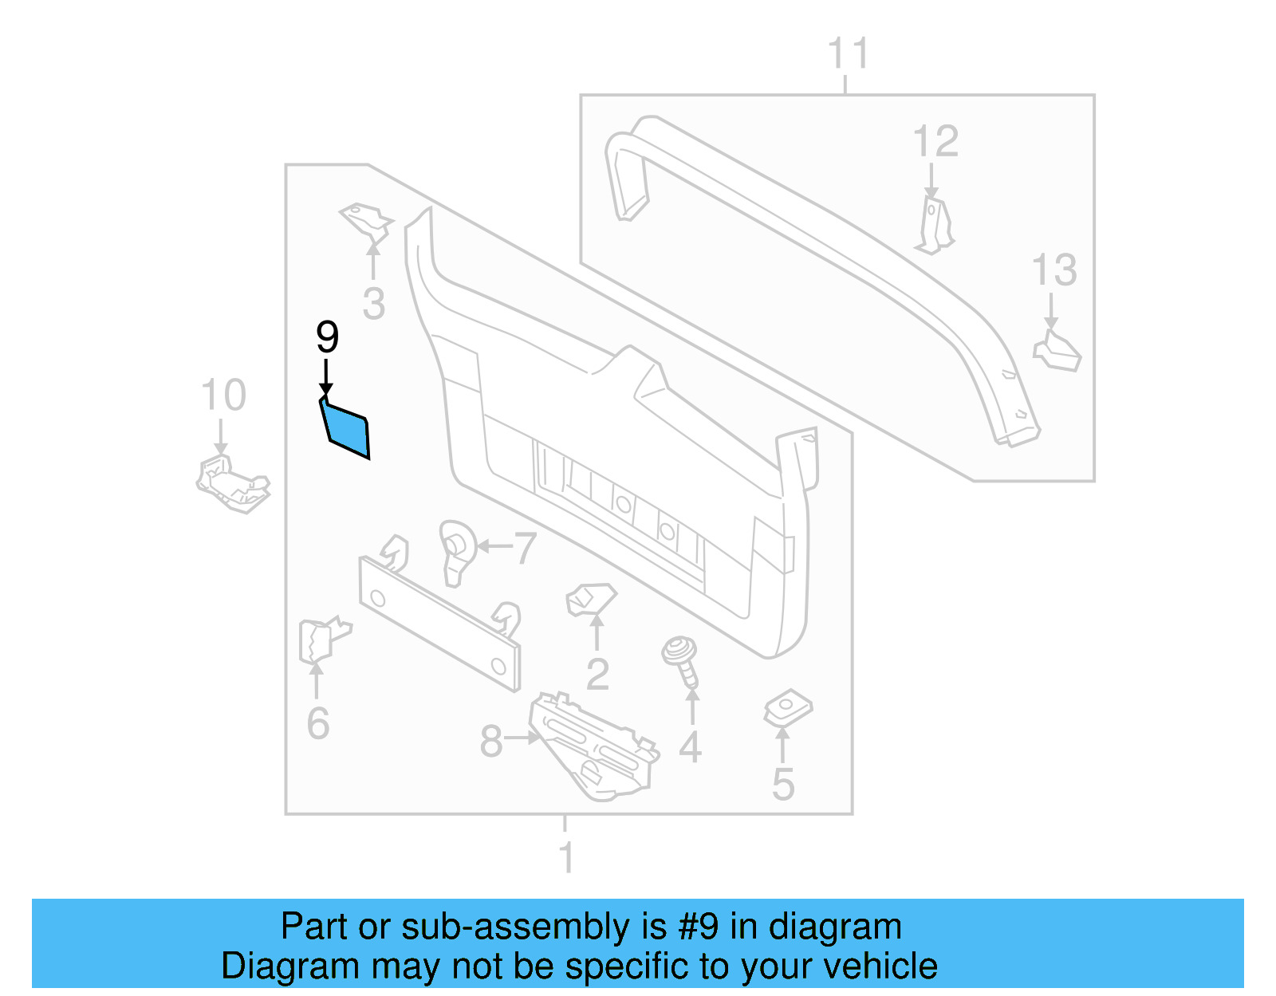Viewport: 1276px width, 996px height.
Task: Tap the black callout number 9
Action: tap(327, 337)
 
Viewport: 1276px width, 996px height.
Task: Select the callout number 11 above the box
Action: tap(847, 54)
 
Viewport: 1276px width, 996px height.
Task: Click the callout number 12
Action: tap(935, 142)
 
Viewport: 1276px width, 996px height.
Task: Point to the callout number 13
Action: tap(1054, 270)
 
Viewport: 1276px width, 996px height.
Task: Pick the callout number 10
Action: tap(223, 395)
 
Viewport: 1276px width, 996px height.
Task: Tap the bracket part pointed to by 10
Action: tap(232, 482)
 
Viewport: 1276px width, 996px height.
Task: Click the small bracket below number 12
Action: tap(935, 225)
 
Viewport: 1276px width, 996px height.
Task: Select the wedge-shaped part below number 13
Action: tap(1057, 352)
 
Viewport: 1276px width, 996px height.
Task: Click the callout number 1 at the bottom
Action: tap(565, 858)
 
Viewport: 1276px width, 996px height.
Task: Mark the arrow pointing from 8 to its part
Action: tap(523, 738)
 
